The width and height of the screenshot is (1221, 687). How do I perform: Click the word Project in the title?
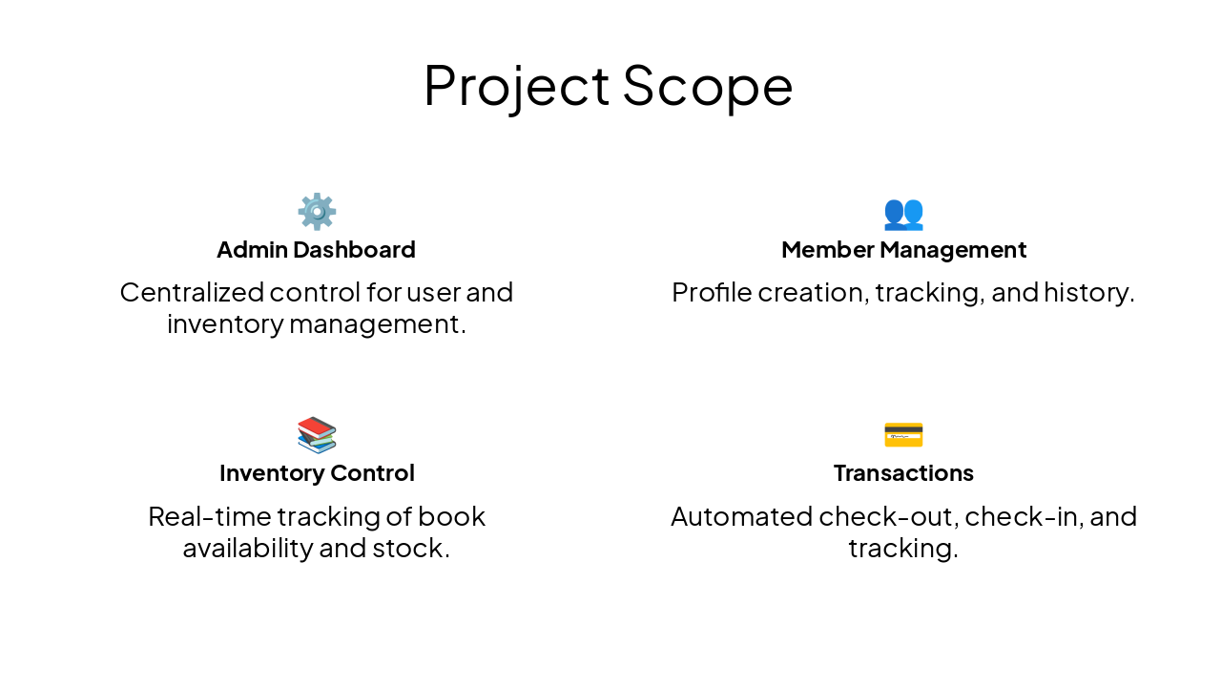point(516,86)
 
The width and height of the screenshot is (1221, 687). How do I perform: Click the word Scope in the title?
point(707,86)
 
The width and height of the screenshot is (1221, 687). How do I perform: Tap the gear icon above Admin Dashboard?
point(317,212)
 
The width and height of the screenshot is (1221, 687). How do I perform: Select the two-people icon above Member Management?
point(903,213)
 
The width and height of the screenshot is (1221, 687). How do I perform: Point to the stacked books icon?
point(317,435)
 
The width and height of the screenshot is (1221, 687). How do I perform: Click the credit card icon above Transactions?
point(903,435)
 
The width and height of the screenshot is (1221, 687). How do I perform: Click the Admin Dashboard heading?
point(317,250)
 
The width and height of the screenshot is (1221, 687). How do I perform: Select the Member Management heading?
point(903,250)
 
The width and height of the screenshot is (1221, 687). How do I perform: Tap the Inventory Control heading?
point(317,473)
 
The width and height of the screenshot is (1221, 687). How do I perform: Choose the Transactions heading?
point(903,473)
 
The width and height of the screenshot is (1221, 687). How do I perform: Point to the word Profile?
point(707,292)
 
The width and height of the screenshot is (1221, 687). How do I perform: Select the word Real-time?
point(209,516)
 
